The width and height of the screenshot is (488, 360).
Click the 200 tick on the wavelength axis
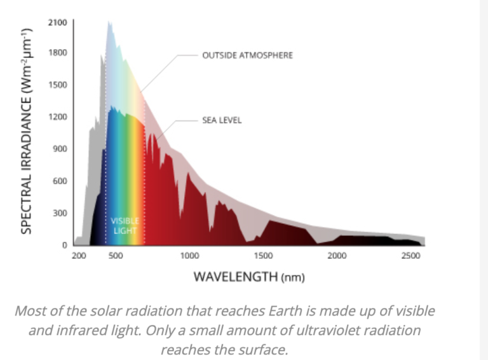(x=79, y=256)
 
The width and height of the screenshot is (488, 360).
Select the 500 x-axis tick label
(x=116, y=256)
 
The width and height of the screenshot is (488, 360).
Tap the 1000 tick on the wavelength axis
(x=189, y=256)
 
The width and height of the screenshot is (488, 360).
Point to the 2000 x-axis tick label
(x=337, y=256)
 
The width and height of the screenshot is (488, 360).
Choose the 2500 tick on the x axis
(x=410, y=256)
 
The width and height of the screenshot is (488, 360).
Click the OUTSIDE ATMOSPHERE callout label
(x=247, y=55)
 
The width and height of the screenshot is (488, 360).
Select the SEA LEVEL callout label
(x=222, y=120)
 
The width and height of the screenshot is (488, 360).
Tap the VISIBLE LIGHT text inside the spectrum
(x=125, y=226)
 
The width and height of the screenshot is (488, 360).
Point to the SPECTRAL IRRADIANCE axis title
(x=27, y=130)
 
